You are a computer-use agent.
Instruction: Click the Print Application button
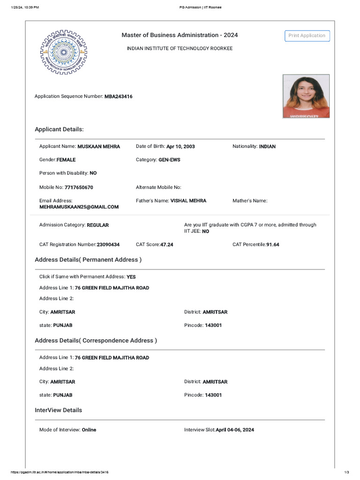[x=307, y=36]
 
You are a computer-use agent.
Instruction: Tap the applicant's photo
[x=306, y=96]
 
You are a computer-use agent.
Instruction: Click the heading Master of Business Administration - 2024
[x=180, y=35]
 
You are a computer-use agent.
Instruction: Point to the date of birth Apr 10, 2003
[x=180, y=147]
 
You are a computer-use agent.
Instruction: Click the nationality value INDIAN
[x=267, y=147]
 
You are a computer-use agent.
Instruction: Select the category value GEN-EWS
[x=169, y=160]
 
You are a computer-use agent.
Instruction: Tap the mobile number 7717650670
[x=79, y=187]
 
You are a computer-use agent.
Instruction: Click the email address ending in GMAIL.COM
[x=79, y=207]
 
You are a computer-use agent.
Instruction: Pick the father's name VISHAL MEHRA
[x=188, y=201]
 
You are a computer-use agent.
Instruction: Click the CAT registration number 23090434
[x=108, y=245]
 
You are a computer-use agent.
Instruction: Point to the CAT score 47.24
[x=167, y=245]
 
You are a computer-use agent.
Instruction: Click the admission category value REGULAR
[x=98, y=225]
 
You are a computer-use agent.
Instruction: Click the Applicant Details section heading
[x=59, y=129]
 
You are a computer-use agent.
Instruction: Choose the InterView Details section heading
[x=58, y=410]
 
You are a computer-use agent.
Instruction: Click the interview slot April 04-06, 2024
[x=235, y=430]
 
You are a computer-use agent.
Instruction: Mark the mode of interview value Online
[x=89, y=430]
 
